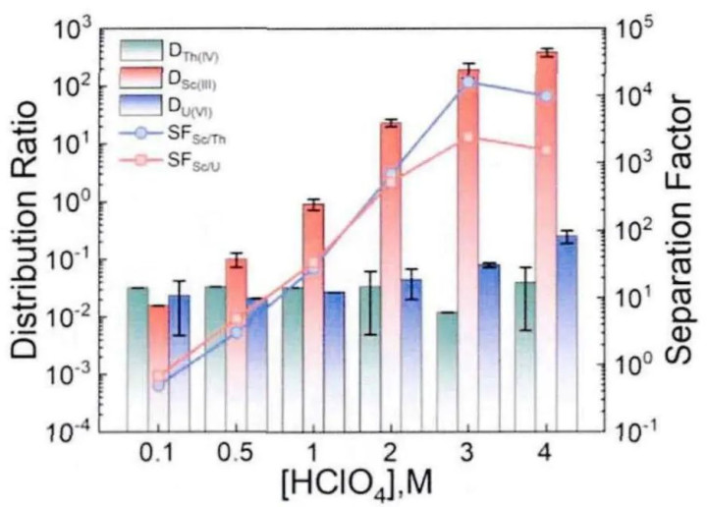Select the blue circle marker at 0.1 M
click(x=159, y=384)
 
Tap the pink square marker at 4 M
click(x=546, y=149)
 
